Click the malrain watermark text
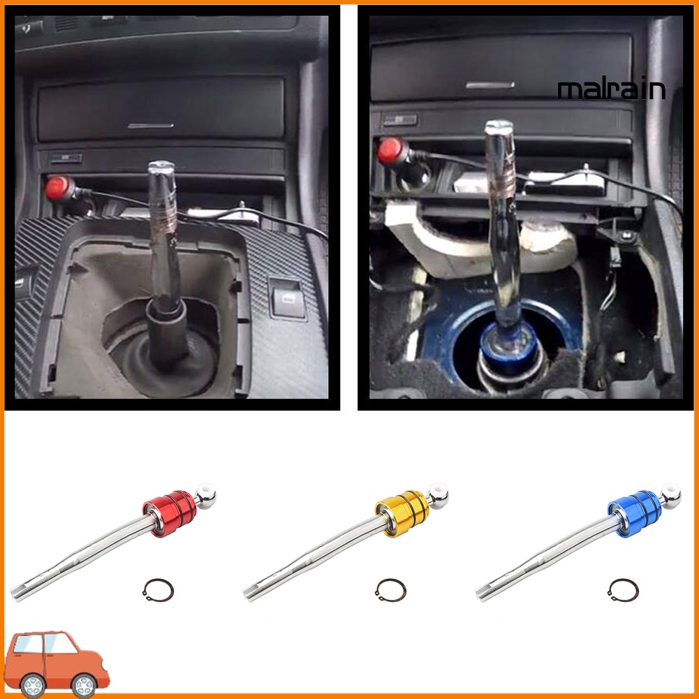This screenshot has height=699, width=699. tap(611, 90)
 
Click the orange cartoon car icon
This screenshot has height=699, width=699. tap(56, 663)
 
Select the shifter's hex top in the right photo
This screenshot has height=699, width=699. tap(498, 128)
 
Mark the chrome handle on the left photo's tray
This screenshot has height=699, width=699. tap(151, 126)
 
